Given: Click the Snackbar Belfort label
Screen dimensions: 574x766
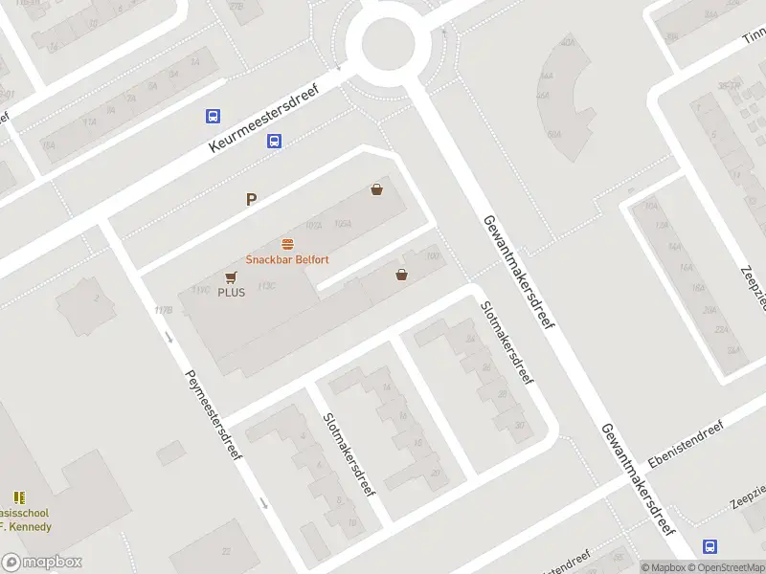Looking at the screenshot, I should [x=287, y=259].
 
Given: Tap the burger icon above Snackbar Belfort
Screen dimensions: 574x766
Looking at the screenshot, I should [x=287, y=244].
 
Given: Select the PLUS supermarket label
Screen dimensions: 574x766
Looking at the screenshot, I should [x=231, y=292].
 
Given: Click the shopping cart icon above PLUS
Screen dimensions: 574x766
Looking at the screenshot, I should [x=231, y=276].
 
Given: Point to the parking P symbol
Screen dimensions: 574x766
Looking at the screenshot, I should [x=252, y=200].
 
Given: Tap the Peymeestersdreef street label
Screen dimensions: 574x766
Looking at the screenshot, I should [x=213, y=414].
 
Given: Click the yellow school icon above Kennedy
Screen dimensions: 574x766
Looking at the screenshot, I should [x=19, y=497].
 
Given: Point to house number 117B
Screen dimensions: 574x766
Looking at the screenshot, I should [x=163, y=310].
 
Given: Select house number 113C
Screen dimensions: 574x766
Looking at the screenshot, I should [x=266, y=285].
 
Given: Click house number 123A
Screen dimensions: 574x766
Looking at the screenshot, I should [x=343, y=224].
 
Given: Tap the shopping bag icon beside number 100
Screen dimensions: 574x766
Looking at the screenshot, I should [x=401, y=275].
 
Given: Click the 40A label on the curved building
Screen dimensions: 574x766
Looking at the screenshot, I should [x=569, y=42].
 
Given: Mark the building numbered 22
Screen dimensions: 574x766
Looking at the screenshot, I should [x=225, y=550].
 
